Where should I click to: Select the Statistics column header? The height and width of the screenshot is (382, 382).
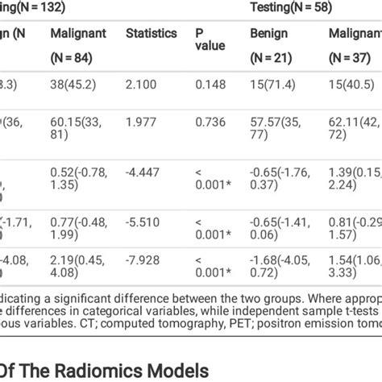point(151,34)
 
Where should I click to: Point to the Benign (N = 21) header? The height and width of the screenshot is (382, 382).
point(270,46)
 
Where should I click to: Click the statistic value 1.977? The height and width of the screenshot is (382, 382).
point(142,122)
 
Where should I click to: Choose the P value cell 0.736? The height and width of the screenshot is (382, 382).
point(208,122)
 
